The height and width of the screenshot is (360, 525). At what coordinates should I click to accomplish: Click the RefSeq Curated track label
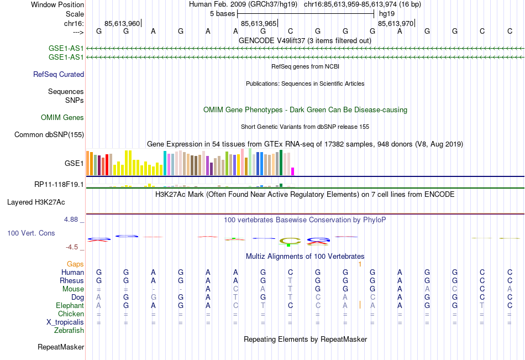point(58,74)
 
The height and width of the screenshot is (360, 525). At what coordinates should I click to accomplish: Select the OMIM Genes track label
point(62,117)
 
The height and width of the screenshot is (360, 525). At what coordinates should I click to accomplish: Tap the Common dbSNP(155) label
point(49,134)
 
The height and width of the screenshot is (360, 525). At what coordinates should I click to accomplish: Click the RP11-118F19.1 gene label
point(59,184)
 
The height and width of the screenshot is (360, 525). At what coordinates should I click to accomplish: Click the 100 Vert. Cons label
point(31,233)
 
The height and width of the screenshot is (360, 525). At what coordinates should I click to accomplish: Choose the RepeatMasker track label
point(61,347)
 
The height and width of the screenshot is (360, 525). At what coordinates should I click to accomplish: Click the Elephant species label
point(70,305)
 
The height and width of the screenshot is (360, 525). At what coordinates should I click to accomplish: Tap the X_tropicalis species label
point(65,322)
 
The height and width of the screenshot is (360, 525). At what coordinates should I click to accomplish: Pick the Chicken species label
point(71,314)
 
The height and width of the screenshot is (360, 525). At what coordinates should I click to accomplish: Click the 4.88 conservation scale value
point(72,220)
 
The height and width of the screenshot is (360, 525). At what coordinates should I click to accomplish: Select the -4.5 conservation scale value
point(72,247)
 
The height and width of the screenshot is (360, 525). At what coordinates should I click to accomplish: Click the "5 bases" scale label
point(222,13)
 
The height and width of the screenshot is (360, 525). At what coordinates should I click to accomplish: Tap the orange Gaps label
point(76,264)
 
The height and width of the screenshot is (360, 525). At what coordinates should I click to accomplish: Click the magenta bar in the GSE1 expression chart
point(293,171)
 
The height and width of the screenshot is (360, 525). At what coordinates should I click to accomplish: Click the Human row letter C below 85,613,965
point(290,272)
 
